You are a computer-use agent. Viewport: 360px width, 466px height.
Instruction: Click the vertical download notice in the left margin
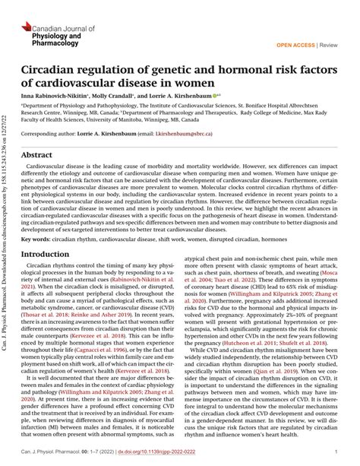8,228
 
